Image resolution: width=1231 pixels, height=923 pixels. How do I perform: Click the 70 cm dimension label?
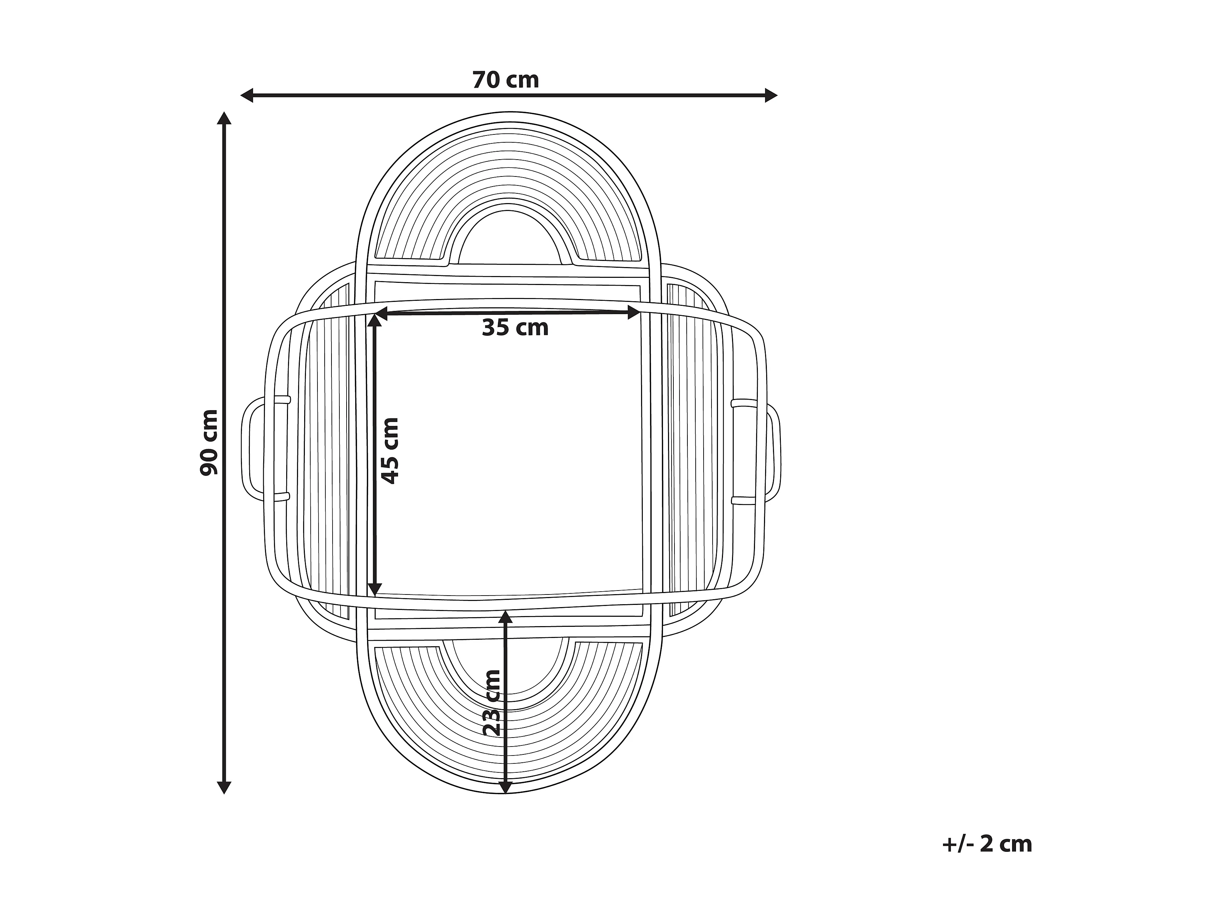tap(505, 80)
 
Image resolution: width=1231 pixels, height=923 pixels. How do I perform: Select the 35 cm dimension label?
tap(515, 328)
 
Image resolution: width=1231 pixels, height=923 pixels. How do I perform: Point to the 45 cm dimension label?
tap(390, 451)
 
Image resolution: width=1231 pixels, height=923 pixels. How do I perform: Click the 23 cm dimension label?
tap(493, 703)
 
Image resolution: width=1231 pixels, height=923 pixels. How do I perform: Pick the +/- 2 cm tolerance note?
tap(987, 844)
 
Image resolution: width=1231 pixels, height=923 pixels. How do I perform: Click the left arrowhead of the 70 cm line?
tap(247, 96)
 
